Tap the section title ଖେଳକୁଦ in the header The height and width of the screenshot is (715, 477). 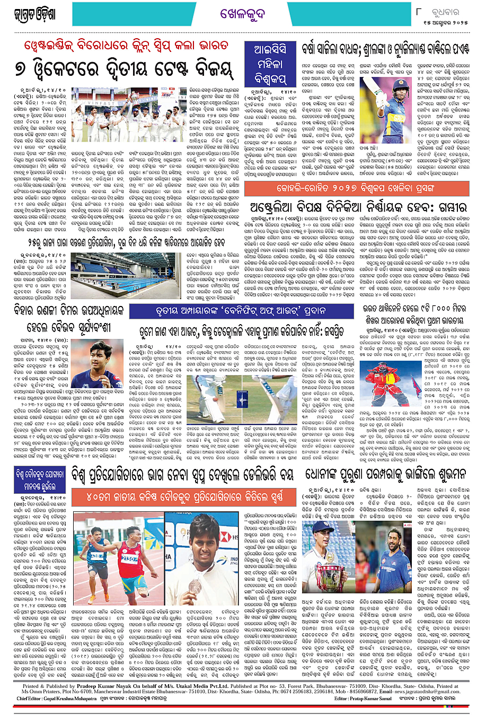(x=242, y=14)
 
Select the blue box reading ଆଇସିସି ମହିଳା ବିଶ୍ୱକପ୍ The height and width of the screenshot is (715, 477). (x=270, y=65)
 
